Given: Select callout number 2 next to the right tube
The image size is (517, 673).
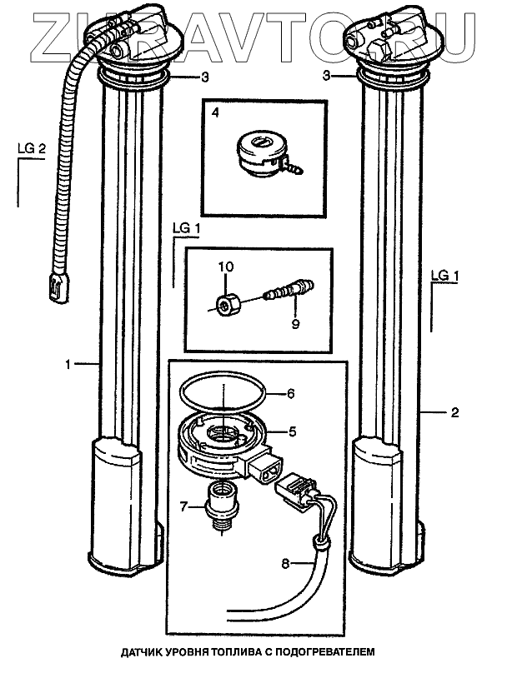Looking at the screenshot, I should pyautogui.click(x=455, y=411).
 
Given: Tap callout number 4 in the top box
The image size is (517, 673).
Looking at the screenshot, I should pyautogui.click(x=215, y=111).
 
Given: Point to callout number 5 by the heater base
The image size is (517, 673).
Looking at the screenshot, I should pyautogui.click(x=292, y=431).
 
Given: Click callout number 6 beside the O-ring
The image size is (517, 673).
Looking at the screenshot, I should pyautogui.click(x=292, y=393).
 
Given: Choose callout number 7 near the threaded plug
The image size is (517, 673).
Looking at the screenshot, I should pyautogui.click(x=185, y=504).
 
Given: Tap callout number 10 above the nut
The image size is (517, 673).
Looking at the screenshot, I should pyautogui.click(x=228, y=267).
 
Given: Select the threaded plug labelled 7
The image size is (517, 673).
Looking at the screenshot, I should pyautogui.click(x=222, y=504).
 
